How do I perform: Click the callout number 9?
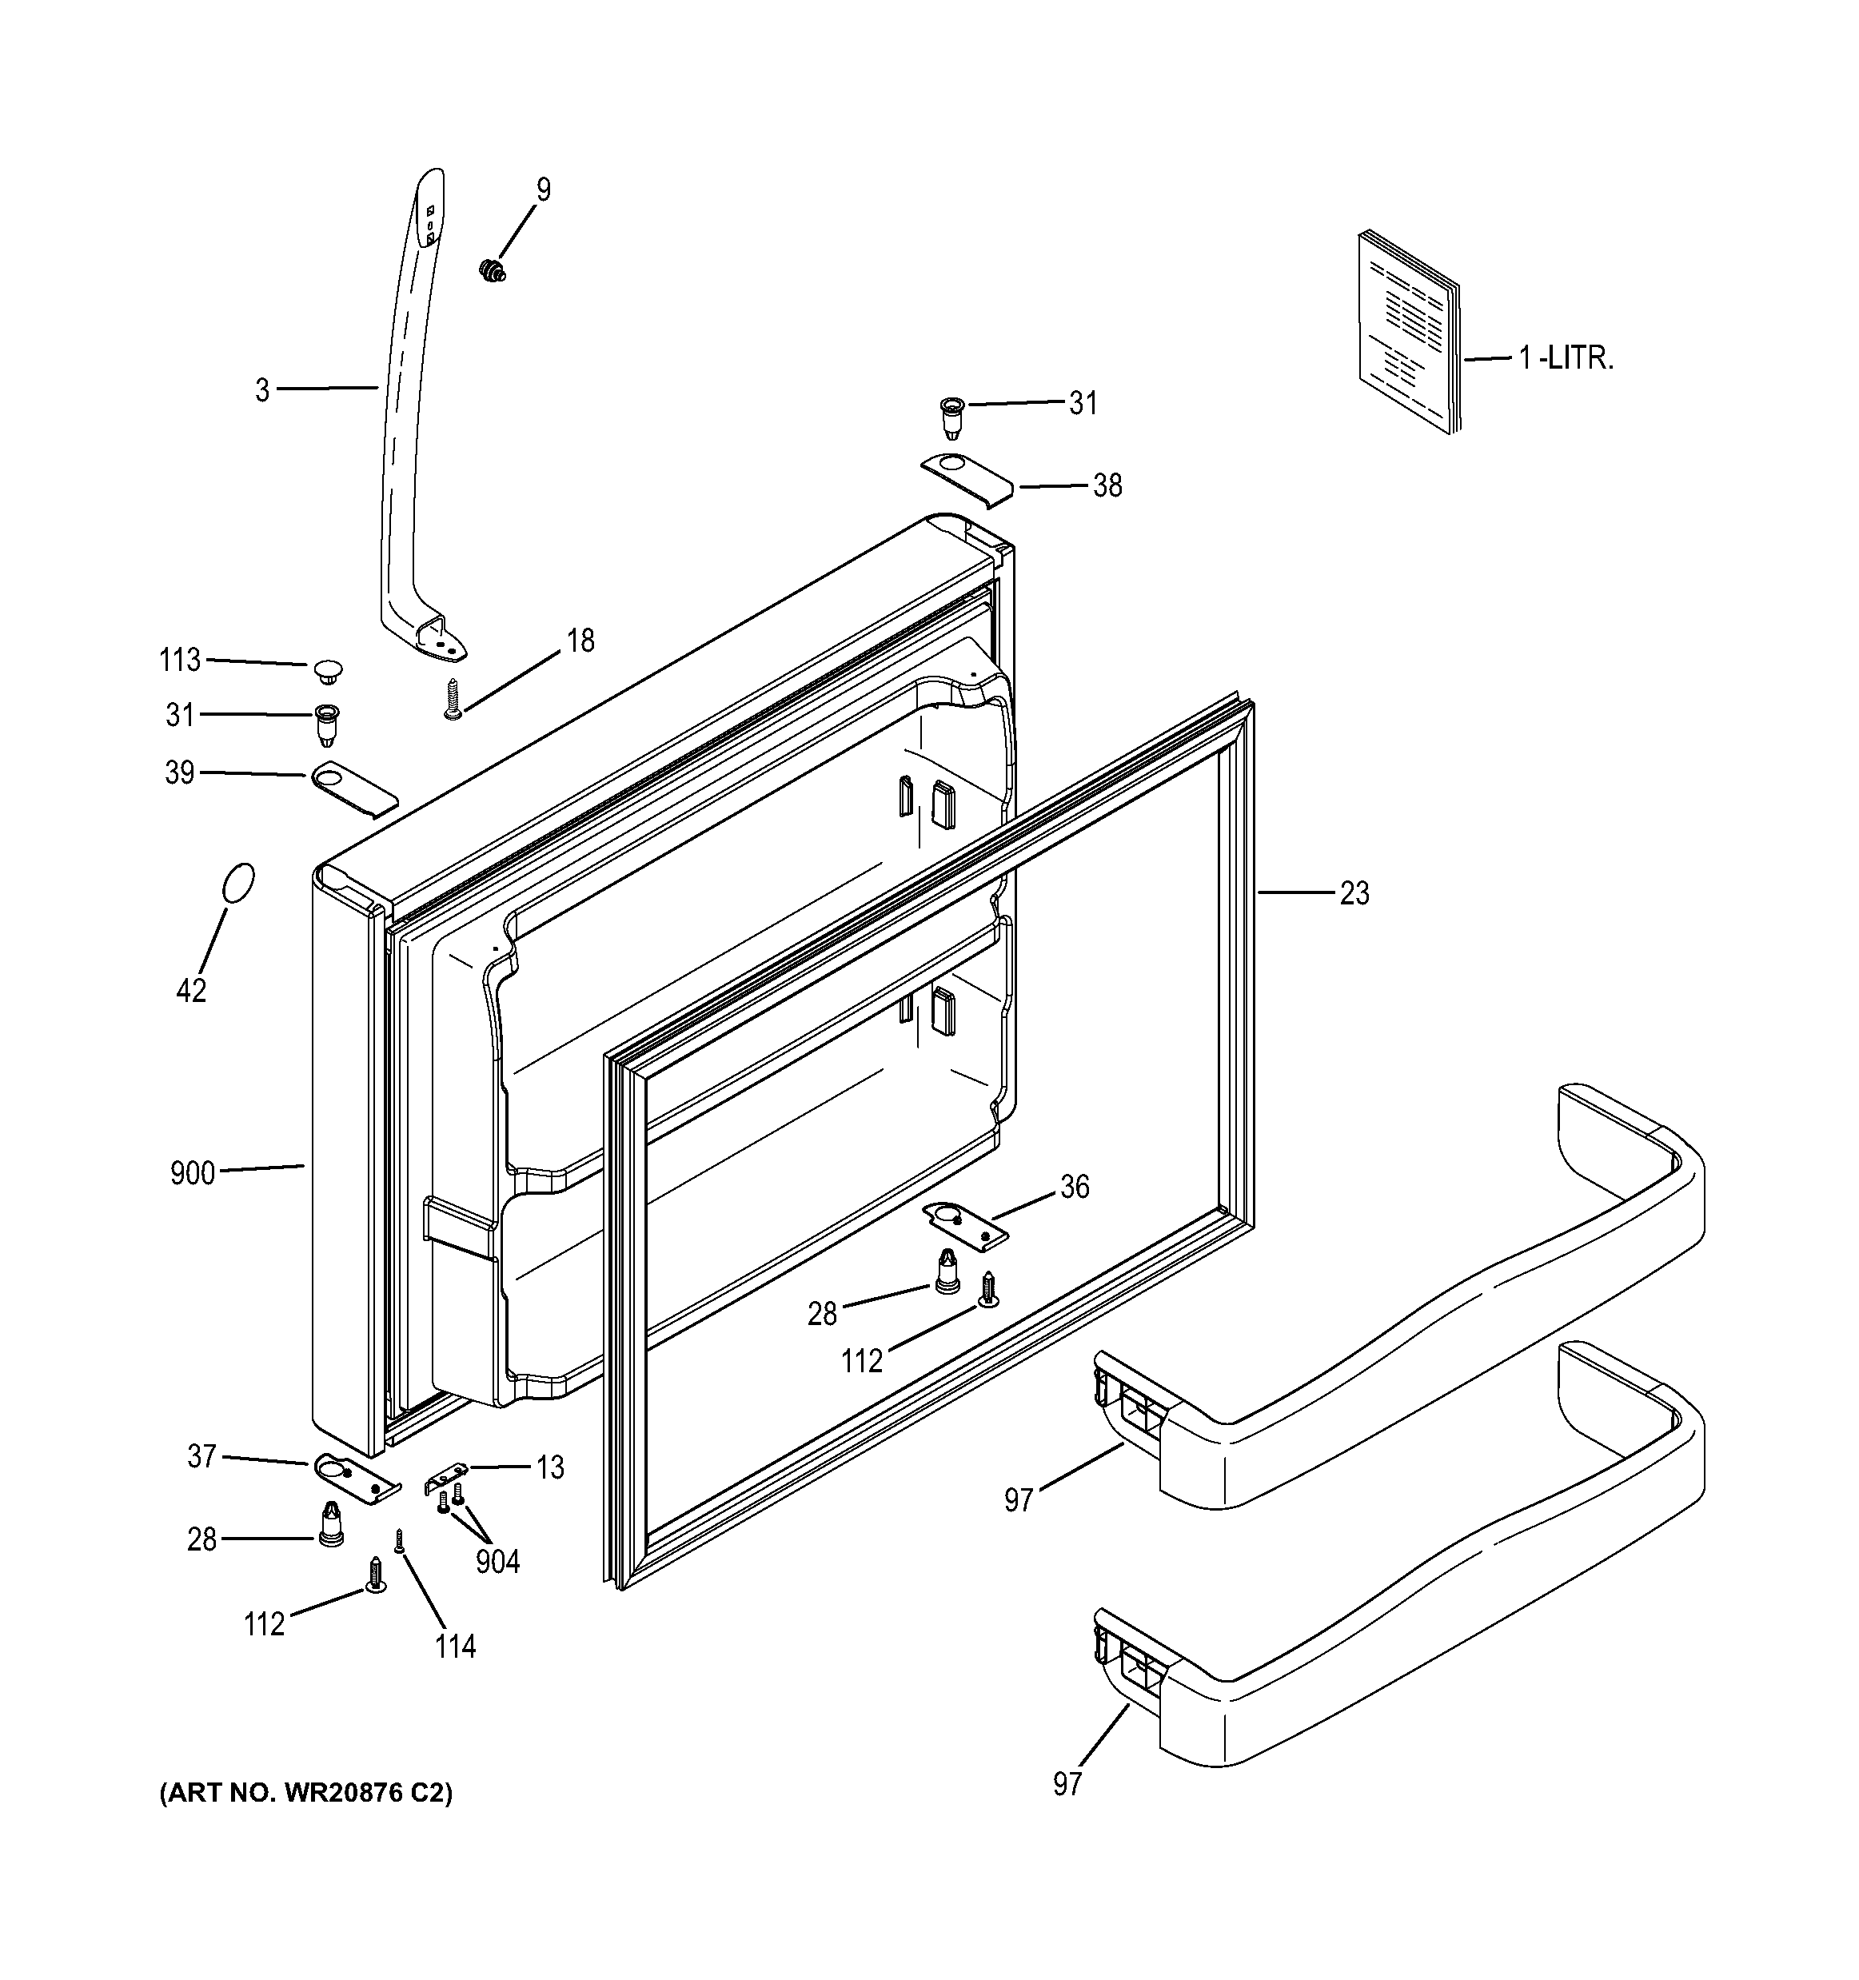pos(543,190)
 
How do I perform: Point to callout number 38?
pos(1107,486)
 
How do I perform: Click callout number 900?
pos(192,1173)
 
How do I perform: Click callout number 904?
pos(497,1561)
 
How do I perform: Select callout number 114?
pos(455,1647)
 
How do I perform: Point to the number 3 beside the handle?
pos(262,390)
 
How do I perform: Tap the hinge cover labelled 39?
pos(353,787)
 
